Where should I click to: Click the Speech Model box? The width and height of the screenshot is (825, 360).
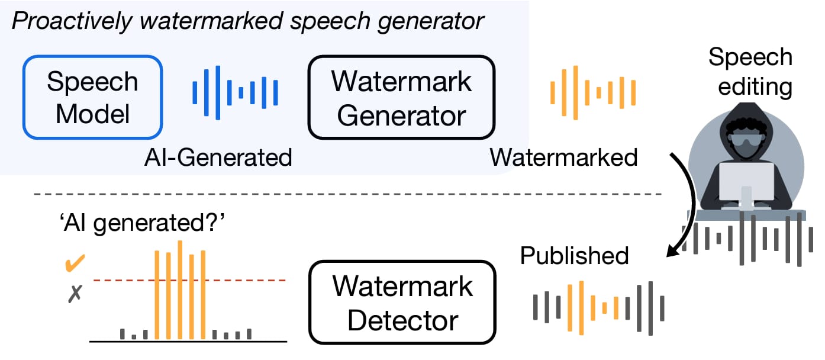(93, 97)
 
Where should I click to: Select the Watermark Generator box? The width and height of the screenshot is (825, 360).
(401, 97)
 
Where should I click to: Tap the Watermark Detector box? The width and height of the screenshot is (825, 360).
(402, 302)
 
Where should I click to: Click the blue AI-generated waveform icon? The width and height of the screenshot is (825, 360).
(235, 92)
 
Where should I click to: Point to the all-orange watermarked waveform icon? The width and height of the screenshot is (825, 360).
(593, 92)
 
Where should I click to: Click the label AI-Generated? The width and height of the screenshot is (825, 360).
(218, 157)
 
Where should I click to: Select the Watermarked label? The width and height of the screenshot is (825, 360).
(563, 157)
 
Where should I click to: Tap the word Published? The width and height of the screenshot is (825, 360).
(574, 255)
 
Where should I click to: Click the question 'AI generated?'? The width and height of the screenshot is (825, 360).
(142, 223)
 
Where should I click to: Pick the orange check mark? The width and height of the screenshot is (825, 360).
(75, 263)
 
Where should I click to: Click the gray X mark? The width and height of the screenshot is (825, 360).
(75, 294)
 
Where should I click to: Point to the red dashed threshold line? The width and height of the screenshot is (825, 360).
(189, 281)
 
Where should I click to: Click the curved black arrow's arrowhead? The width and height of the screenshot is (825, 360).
(673, 251)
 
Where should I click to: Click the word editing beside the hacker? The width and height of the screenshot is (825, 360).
(755, 87)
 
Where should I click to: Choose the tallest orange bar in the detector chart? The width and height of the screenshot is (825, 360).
(180, 290)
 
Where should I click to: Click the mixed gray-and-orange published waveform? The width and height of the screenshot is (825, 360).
(598, 308)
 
